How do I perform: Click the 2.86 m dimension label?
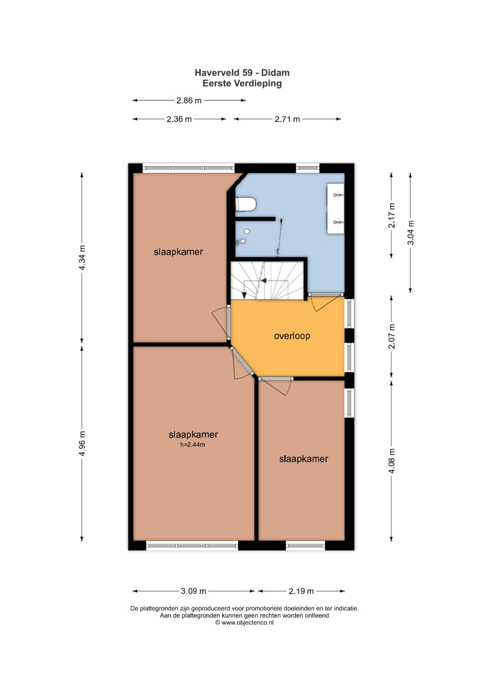click(x=189, y=101)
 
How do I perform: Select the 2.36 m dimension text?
click(x=179, y=119)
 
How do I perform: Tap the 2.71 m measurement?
click(x=287, y=119)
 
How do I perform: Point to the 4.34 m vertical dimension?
click(x=82, y=258)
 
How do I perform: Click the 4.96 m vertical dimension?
click(x=82, y=443)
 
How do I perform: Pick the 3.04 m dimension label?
click(x=410, y=233)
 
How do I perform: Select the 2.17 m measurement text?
click(x=392, y=215)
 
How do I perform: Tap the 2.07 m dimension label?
click(x=392, y=336)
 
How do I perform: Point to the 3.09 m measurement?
click(x=194, y=591)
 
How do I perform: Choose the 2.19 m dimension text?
click(x=301, y=591)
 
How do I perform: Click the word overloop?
click(x=292, y=336)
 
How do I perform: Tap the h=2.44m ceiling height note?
click(x=193, y=445)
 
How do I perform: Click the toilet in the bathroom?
click(x=246, y=204)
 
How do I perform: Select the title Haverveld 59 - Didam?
click(x=242, y=73)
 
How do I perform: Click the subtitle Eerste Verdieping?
click(x=242, y=83)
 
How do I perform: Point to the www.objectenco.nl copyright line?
click(x=245, y=623)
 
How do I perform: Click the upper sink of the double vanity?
click(x=338, y=195)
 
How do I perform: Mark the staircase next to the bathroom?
click(x=267, y=280)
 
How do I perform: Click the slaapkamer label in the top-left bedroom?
click(x=178, y=252)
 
